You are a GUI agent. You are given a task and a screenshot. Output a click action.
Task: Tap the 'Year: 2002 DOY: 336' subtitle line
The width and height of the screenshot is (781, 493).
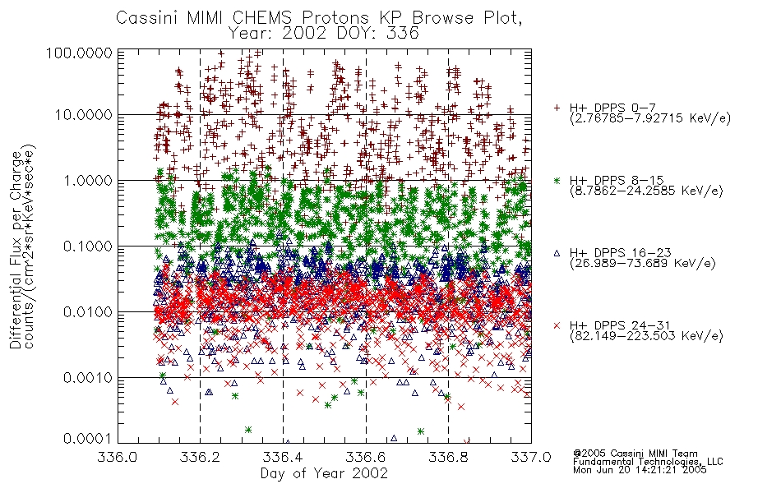323,34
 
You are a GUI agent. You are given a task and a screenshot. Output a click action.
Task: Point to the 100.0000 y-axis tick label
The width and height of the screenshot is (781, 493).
79,53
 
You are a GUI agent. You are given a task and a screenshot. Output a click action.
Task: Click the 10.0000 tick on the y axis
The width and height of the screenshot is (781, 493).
84,115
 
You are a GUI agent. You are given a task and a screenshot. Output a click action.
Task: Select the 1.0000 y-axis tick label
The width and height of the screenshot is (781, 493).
88,180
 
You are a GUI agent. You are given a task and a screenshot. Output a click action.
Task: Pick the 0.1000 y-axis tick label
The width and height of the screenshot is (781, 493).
88,246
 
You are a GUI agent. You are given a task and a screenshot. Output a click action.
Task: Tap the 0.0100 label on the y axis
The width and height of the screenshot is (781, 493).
88,312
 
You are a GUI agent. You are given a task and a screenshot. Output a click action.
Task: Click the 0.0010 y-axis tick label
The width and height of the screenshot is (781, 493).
88,378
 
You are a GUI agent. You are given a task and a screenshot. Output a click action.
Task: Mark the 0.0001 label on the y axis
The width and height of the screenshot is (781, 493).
88,438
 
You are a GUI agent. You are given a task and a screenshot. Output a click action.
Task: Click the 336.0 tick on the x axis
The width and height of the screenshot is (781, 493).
118,457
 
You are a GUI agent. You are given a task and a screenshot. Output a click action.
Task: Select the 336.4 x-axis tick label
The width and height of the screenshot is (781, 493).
283,457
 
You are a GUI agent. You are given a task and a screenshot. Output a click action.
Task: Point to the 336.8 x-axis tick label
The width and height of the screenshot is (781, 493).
448,457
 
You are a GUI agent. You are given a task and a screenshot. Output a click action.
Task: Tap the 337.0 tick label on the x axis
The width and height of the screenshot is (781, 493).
531,457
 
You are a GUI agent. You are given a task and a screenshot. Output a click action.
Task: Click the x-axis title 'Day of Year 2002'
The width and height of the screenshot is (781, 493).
324,473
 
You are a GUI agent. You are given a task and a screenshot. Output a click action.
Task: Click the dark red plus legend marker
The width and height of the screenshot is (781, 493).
557,108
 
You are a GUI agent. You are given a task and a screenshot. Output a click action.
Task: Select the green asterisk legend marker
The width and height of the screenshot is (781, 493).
557,180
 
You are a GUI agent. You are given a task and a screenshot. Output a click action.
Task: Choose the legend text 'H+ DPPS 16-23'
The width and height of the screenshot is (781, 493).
620,253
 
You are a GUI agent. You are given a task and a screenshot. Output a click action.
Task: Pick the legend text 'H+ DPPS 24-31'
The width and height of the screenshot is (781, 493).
620,325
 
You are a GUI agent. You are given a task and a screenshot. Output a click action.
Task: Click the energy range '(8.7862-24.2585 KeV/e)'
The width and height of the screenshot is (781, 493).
646,191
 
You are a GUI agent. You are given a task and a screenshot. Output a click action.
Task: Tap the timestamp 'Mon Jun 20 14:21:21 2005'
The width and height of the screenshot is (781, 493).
640,470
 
